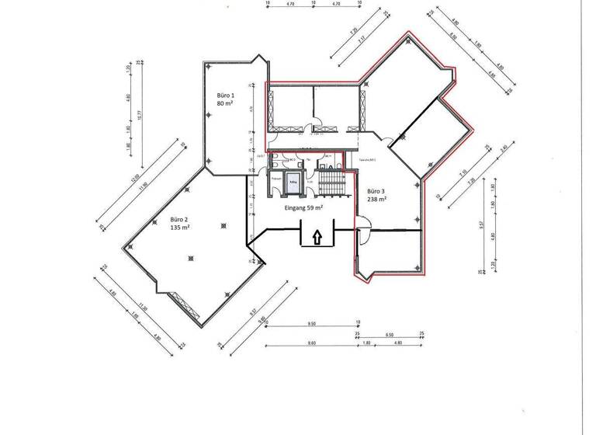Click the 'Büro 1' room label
226,94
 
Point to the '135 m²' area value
179,229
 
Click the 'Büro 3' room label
376,190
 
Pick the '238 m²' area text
376,199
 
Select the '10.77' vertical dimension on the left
140,115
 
